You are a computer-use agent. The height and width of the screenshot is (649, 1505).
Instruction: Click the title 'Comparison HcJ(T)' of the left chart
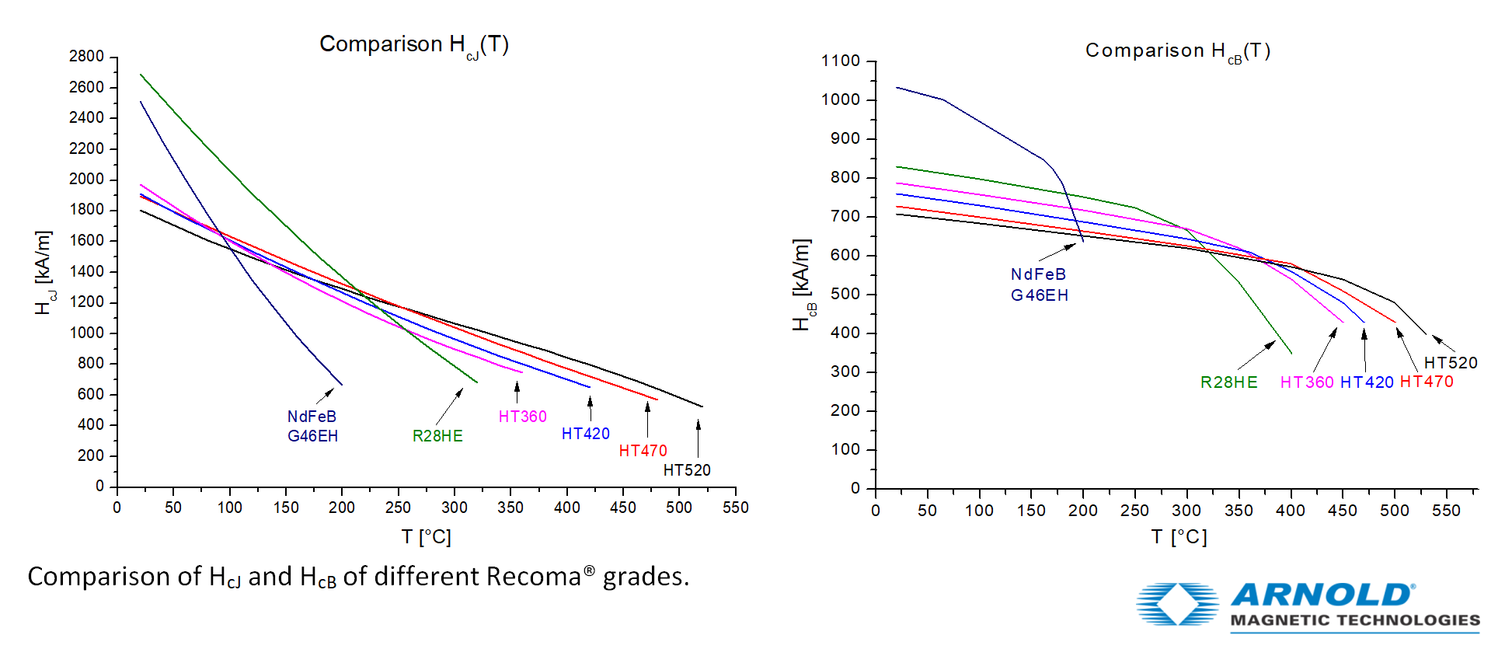[413, 45]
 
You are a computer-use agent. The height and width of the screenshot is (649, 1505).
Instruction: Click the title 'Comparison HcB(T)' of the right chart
[1177, 51]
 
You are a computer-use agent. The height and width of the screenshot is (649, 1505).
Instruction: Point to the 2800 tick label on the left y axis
[86, 57]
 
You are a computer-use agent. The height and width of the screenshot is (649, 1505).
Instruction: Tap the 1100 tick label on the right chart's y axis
[841, 61]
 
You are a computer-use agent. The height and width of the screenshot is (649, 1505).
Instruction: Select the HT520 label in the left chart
[686, 470]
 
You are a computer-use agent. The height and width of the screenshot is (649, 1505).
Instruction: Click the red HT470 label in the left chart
[643, 451]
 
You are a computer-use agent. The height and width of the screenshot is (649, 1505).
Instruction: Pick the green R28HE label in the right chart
[1228, 382]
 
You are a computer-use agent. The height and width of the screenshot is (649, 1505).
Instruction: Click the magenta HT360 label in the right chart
[1306, 382]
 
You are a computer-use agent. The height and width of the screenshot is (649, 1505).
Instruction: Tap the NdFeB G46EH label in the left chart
[312, 426]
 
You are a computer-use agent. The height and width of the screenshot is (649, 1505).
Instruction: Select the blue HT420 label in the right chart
[1367, 382]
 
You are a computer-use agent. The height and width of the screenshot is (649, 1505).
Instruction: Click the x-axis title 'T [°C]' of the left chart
[426, 536]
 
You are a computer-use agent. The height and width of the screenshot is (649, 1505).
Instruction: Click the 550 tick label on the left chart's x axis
[735, 508]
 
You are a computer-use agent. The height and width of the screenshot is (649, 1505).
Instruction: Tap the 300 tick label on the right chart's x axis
[1186, 511]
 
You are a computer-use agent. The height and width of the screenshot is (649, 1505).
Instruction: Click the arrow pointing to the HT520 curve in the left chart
[698, 438]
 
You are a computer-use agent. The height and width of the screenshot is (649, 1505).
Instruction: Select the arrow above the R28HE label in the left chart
[449, 406]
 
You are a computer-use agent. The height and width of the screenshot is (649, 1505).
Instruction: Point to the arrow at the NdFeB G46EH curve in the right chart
[1057, 252]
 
